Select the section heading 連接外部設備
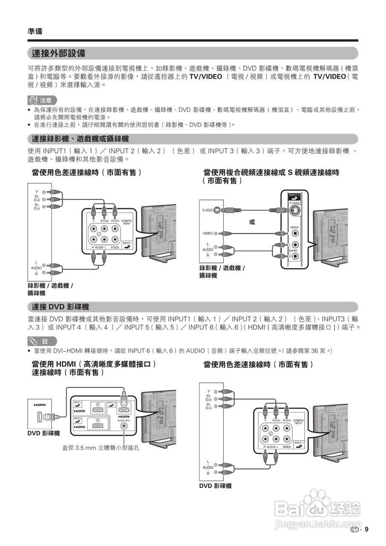58,53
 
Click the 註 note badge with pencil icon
42,341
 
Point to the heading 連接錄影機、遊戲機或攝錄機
80,139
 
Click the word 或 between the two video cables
252,222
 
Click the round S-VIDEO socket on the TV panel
294,210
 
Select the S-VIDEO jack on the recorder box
217,210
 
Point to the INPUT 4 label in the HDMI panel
78,403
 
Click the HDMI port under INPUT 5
98,425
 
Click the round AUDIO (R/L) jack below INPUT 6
124,425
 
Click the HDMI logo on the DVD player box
40,404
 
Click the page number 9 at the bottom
366,530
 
